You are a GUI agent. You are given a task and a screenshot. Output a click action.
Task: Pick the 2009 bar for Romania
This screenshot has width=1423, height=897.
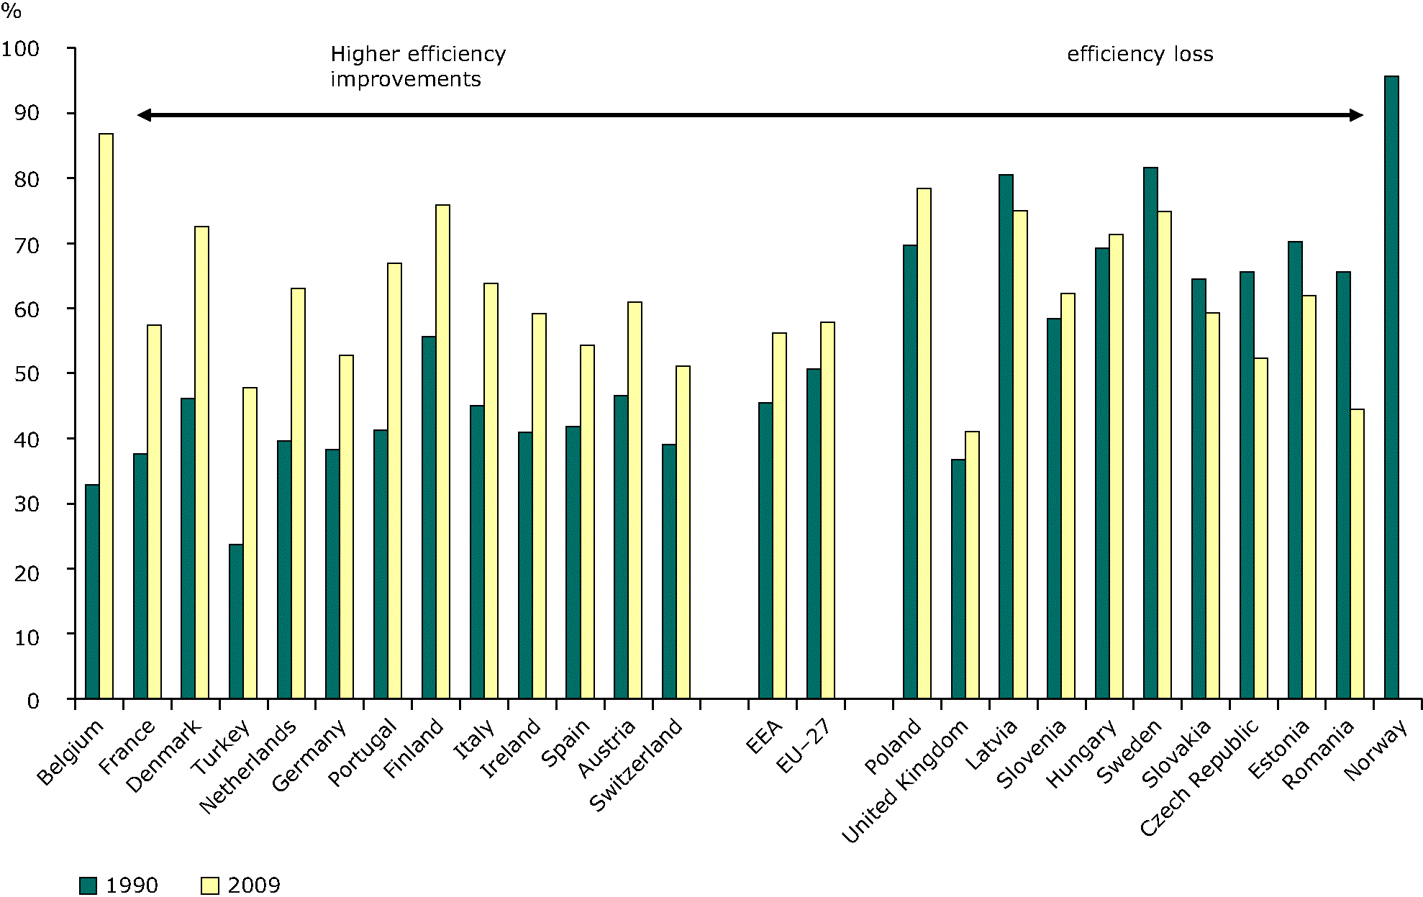click(1357, 553)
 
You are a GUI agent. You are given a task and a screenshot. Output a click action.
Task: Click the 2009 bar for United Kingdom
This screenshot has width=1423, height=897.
click(972, 565)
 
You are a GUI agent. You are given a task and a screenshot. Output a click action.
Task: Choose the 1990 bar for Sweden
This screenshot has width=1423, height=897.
click(1150, 432)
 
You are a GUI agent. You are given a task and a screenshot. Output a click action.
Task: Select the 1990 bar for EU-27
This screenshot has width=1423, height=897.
click(814, 533)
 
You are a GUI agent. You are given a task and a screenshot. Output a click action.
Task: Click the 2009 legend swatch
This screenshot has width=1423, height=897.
click(209, 885)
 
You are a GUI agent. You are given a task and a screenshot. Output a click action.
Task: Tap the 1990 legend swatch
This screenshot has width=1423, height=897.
click(88, 885)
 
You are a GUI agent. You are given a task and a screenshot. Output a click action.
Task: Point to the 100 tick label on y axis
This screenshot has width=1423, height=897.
click(20, 49)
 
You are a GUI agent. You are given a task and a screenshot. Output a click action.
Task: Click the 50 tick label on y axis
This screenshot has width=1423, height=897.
click(27, 374)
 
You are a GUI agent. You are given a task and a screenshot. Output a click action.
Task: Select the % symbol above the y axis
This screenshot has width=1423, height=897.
click(12, 11)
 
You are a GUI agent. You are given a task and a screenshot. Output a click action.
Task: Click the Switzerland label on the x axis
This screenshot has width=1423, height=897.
click(636, 765)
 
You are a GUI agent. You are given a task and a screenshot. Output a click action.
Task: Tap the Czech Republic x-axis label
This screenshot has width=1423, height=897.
click(1200, 778)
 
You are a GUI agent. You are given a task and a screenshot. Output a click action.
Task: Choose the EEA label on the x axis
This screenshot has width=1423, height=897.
click(764, 737)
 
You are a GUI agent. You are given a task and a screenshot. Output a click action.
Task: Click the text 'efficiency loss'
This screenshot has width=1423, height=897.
click(1140, 55)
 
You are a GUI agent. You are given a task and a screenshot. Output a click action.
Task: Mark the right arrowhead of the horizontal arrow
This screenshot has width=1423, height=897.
click(1357, 115)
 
